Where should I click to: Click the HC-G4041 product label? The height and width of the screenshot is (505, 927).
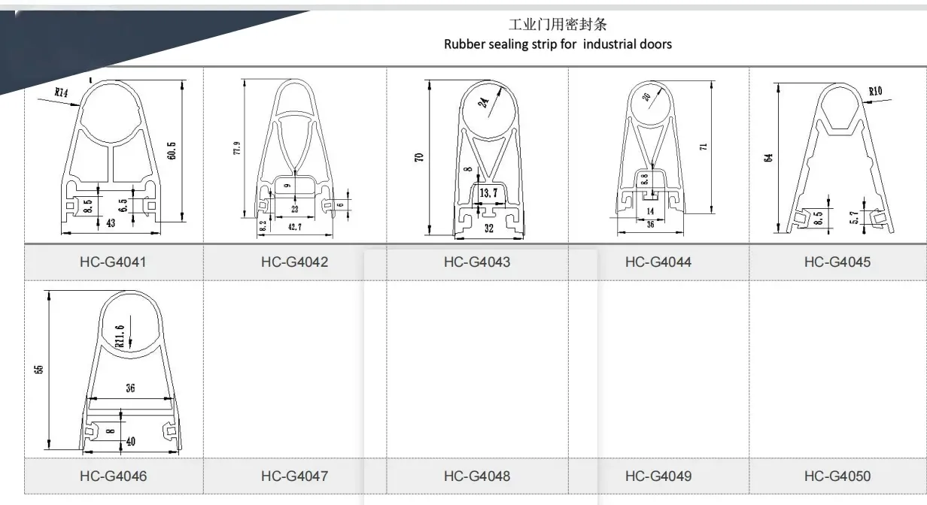click(113, 262)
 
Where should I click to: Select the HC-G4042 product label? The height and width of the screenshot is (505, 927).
click(294, 262)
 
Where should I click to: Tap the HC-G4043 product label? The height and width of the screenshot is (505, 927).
click(476, 262)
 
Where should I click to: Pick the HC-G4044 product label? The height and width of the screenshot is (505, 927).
click(658, 262)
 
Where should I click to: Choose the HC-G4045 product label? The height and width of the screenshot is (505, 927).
click(837, 262)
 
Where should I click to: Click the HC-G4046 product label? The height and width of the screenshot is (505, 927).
click(113, 476)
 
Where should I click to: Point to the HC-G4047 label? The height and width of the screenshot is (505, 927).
click(294, 476)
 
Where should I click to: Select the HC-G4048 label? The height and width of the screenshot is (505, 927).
click(476, 476)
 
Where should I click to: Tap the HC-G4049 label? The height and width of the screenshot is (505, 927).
click(658, 476)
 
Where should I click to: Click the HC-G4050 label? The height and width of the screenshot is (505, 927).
click(837, 476)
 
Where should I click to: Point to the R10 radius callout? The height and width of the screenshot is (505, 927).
click(875, 92)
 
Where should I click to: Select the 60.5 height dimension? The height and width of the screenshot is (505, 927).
click(172, 151)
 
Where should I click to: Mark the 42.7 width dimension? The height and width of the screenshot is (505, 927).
click(294, 227)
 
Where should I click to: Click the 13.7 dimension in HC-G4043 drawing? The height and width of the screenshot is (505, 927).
click(488, 194)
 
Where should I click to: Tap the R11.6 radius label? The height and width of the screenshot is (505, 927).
click(119, 335)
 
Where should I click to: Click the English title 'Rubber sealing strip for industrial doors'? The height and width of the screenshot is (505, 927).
click(558, 44)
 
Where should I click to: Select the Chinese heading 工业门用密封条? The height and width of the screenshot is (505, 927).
click(558, 26)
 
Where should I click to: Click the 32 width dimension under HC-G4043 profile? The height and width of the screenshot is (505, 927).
click(489, 228)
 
